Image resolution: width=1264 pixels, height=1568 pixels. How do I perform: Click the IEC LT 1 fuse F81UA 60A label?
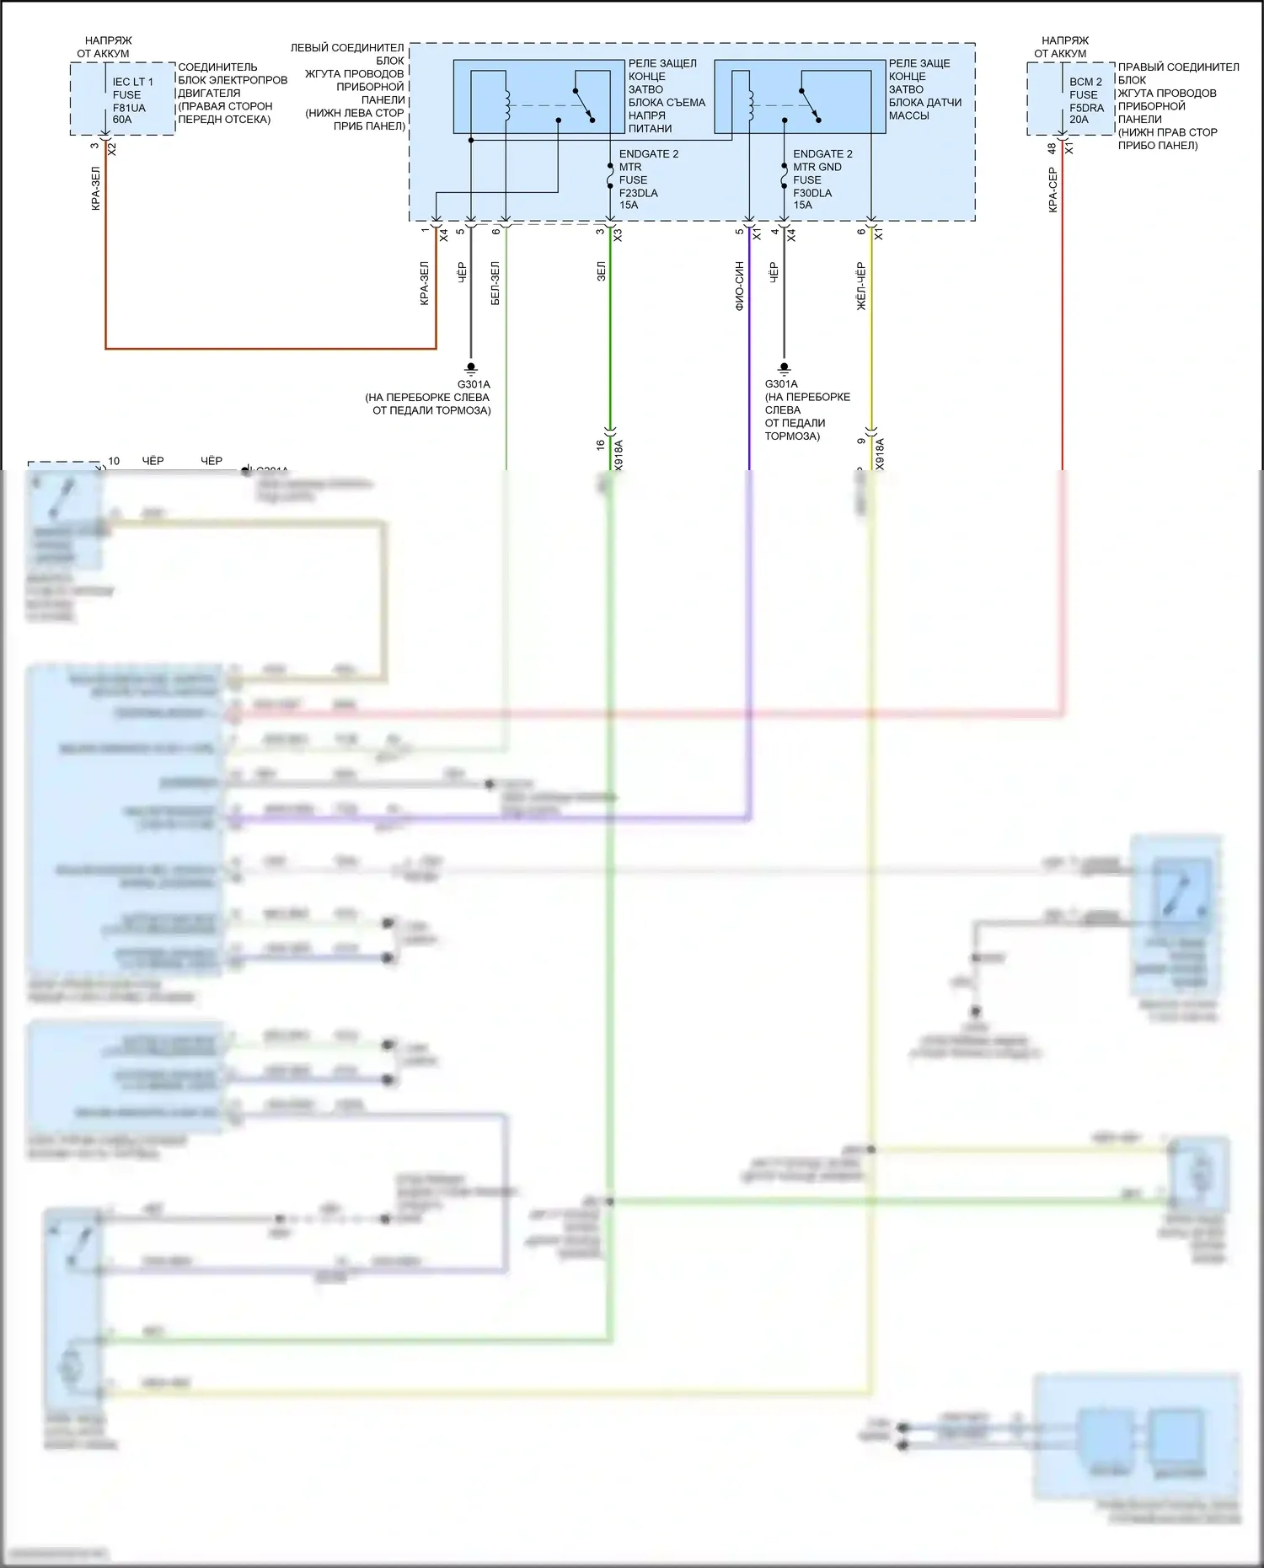[x=131, y=101]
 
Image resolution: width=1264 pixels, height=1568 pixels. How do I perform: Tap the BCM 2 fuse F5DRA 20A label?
[x=1086, y=101]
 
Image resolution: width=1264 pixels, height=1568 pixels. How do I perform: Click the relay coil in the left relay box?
[x=507, y=105]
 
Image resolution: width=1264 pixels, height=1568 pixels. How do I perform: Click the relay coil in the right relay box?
[x=750, y=105]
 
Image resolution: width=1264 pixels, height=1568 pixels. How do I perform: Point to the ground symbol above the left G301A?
[x=471, y=368]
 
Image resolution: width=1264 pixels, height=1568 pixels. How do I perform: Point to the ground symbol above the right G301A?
[x=784, y=368]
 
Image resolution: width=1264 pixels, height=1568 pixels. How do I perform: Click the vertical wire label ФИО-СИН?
[x=740, y=286]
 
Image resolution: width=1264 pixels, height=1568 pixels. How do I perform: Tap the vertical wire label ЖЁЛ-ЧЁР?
[x=861, y=286]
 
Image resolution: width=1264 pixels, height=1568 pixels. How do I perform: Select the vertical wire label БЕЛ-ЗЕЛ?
[x=495, y=283]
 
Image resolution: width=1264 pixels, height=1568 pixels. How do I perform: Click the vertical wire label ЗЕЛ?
[x=601, y=271]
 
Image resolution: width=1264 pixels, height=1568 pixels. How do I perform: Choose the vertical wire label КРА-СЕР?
[x=1052, y=190]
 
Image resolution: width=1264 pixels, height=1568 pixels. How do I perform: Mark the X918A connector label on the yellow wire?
[x=881, y=454]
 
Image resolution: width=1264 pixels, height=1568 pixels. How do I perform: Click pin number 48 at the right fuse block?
[x=1052, y=148]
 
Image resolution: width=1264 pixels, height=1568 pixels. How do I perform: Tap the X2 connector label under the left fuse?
[x=112, y=149]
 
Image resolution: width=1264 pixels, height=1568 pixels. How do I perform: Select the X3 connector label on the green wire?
[x=618, y=235]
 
